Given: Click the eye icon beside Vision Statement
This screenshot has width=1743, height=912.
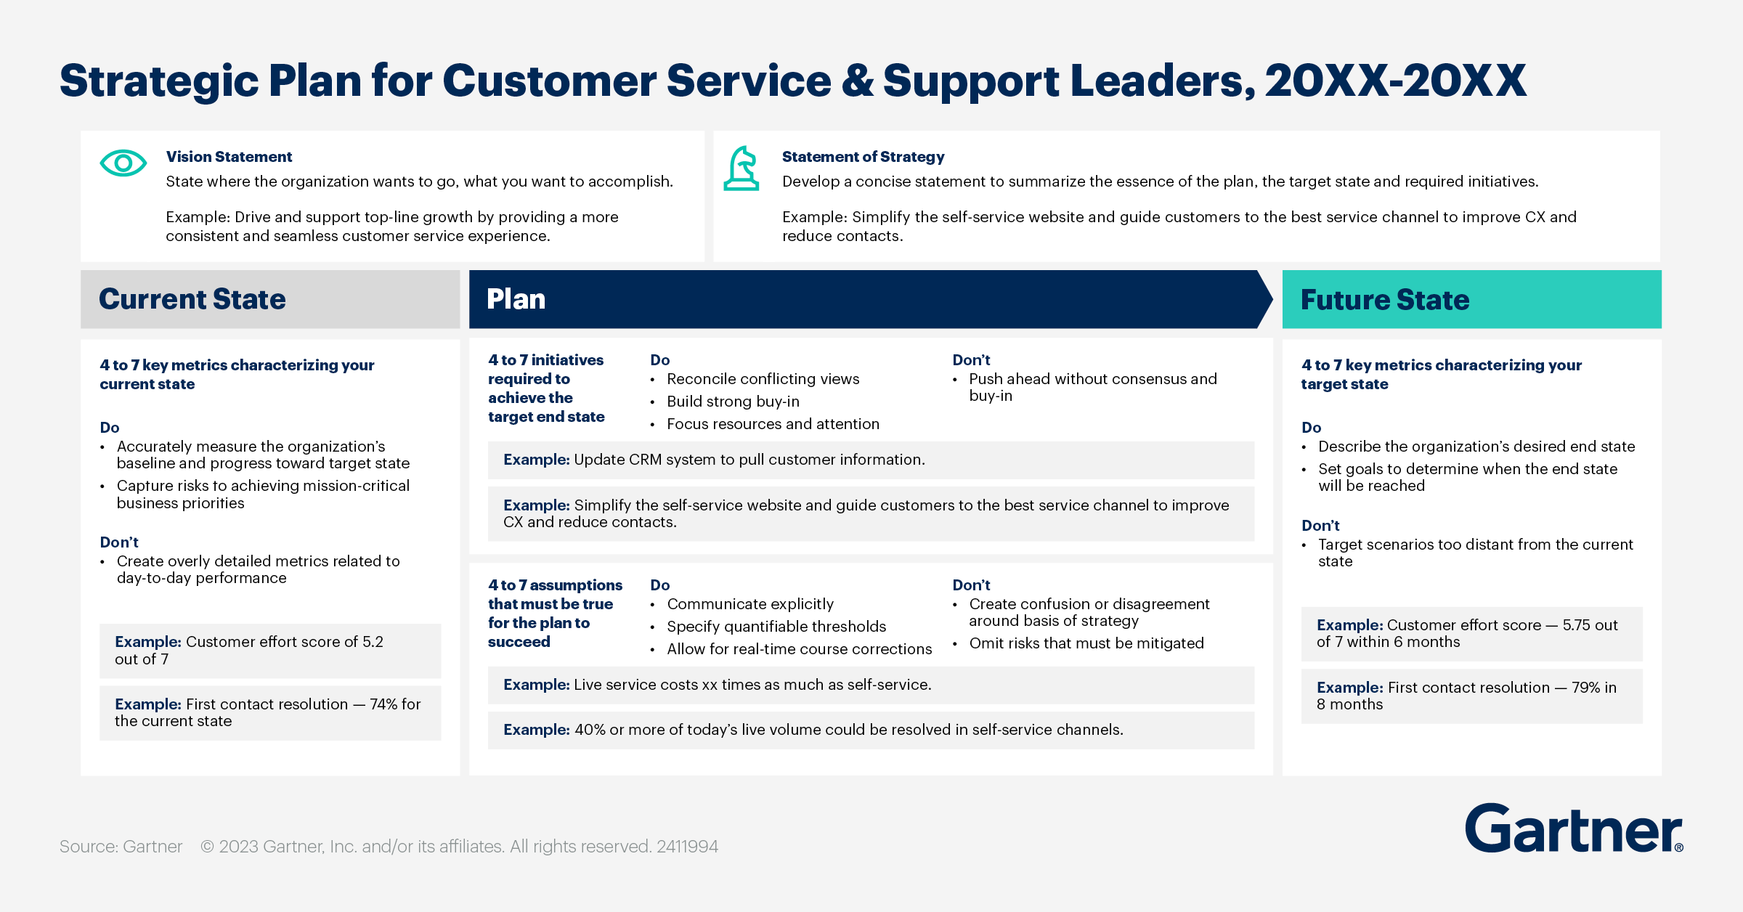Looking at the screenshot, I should pos(123,163).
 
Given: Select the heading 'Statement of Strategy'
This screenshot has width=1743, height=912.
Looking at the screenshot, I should pos(863,157).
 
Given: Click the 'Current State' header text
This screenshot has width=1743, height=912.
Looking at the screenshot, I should pos(192,299).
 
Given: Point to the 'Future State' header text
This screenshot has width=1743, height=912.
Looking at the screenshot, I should pos(1385,300).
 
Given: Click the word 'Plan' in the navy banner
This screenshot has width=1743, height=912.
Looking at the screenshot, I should pos(516,299).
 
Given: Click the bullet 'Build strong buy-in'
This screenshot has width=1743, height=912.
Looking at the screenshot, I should pos(733,402).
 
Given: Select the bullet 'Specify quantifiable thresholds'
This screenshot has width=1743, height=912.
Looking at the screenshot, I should pos(776,627).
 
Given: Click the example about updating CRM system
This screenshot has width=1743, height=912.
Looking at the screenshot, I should pos(714,460).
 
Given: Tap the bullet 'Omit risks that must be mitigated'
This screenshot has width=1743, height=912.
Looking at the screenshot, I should pos(1086,643).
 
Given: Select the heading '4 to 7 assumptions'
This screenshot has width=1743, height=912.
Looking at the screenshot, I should pos(555,585).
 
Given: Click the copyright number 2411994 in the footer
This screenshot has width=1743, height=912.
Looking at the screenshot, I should pos(687,847).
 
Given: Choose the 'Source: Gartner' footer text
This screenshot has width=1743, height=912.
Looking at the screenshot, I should pos(121,847).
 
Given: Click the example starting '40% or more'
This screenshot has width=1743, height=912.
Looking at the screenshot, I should pos(813,730).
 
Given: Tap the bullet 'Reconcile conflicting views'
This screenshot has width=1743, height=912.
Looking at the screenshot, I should pos(763,379).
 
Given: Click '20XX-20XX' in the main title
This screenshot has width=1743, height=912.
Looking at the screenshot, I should pos(1394,81).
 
